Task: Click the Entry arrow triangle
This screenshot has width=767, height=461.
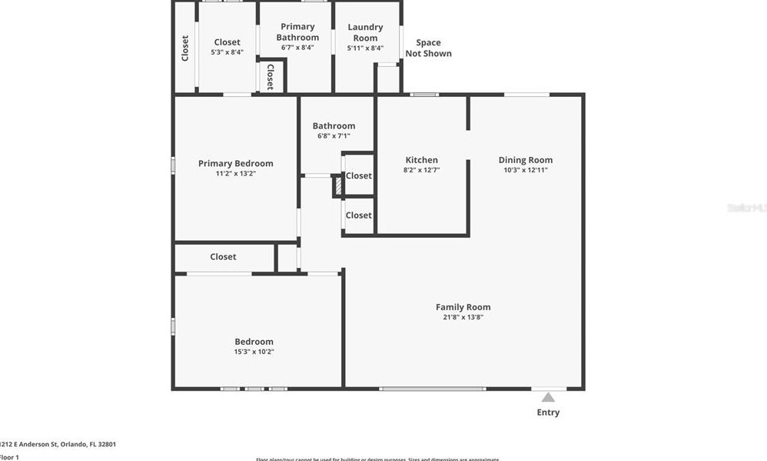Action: click(548, 397)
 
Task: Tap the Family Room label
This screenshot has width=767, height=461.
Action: click(463, 307)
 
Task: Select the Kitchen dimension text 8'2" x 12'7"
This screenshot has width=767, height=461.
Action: click(421, 170)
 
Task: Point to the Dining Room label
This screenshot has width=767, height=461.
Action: click(526, 160)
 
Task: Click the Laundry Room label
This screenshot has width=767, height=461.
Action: click(365, 32)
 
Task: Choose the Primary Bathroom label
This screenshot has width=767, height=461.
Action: click(297, 32)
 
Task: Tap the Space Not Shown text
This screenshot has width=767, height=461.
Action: click(433, 48)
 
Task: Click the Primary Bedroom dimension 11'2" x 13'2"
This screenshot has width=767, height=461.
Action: click(235, 173)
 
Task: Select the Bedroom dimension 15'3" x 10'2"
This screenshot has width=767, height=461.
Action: click(254, 352)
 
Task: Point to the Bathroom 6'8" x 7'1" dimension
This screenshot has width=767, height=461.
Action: click(334, 136)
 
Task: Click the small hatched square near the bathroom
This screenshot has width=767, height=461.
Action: click(337, 185)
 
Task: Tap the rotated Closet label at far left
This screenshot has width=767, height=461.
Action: click(185, 48)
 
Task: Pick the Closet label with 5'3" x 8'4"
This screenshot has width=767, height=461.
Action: click(227, 42)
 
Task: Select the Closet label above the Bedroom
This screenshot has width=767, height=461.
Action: click(223, 256)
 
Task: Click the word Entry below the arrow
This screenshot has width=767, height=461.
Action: click(548, 413)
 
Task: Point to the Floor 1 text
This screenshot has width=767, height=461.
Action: click(9, 457)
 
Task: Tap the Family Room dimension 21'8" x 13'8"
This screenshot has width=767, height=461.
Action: click(463, 317)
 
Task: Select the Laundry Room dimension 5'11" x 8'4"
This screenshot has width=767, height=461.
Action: click(365, 48)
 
